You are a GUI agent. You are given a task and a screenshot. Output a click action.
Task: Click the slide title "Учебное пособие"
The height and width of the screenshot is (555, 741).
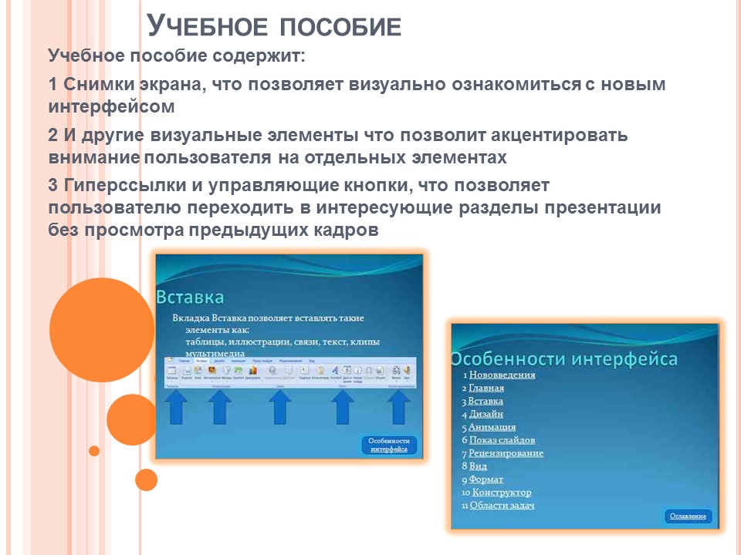[x=274, y=25]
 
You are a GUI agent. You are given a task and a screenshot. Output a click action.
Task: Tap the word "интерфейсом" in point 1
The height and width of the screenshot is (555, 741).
[x=111, y=106]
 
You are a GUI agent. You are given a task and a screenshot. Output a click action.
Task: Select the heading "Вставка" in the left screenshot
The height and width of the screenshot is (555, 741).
[x=191, y=298]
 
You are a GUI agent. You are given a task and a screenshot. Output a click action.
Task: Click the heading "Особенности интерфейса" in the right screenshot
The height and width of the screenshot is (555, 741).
[x=564, y=358]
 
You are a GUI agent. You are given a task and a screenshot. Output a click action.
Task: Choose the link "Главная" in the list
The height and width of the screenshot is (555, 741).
[x=486, y=388]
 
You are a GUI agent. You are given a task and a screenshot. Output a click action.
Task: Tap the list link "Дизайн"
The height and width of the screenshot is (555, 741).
[x=486, y=414]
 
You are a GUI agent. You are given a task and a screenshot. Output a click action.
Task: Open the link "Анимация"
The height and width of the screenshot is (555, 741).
[x=492, y=427]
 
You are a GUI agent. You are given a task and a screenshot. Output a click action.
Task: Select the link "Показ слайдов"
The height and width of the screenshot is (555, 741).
[x=502, y=440]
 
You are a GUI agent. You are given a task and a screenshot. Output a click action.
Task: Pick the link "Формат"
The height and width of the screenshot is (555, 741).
[x=486, y=479]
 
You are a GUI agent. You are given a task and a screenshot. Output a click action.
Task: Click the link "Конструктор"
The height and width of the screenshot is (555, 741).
[x=502, y=493]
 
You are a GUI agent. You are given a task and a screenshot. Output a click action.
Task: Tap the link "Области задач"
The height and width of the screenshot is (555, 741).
[x=502, y=506]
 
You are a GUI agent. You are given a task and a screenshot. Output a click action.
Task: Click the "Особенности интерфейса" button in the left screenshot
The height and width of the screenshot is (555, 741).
[x=388, y=445]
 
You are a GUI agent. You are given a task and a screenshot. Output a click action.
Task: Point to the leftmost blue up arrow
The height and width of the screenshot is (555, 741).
[x=177, y=407]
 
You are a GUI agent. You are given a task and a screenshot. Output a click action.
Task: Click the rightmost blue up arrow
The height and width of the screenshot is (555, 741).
[x=398, y=407]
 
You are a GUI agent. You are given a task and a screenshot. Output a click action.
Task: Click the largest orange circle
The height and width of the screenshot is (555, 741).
[x=102, y=330]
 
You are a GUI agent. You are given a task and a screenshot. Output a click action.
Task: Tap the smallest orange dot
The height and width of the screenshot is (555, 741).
[x=94, y=451]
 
